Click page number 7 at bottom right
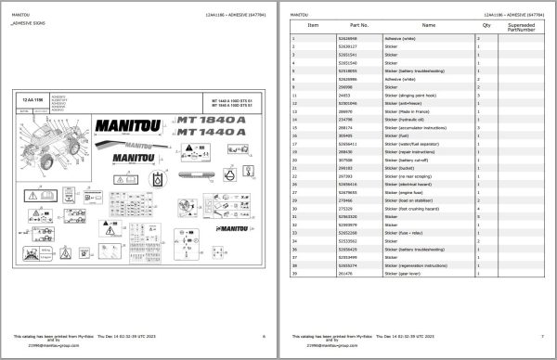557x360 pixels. (x=542, y=335)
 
